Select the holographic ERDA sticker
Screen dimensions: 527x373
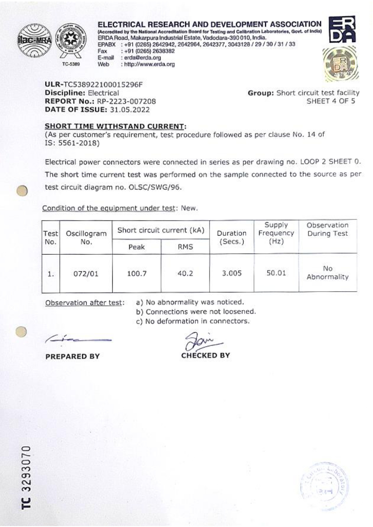point(340,64)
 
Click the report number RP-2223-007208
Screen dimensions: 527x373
point(126,102)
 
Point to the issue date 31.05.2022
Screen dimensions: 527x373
point(130,110)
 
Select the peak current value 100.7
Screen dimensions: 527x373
point(137,274)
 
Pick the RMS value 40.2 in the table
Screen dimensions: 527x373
point(185,274)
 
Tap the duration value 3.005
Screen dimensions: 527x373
point(232,273)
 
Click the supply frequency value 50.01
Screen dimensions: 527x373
point(276,273)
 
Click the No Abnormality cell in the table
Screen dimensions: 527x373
point(328,273)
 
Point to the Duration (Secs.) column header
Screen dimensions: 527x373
point(231,237)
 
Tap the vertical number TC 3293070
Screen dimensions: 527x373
point(26,477)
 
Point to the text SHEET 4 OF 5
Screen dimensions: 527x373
point(331,101)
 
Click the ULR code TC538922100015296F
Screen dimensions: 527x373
point(103,85)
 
